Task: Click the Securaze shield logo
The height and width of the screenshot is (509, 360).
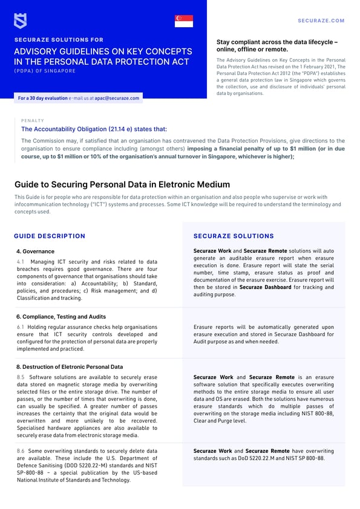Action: point(20,21)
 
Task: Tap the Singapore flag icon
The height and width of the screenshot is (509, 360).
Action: point(183,21)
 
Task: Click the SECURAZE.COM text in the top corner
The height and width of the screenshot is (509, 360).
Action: point(321,21)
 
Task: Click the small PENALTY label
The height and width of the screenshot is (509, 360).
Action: point(32,120)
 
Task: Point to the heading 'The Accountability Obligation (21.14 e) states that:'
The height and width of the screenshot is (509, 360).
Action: point(94,129)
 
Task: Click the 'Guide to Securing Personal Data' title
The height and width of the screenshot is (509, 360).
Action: point(122,184)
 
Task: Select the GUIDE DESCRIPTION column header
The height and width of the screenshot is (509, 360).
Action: point(49,236)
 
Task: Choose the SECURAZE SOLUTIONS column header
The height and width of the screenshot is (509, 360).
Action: point(234,236)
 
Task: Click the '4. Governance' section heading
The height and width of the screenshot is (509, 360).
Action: point(35,251)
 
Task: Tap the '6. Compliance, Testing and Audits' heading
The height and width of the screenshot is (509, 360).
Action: point(61,316)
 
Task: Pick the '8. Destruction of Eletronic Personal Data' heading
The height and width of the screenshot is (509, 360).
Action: point(70,366)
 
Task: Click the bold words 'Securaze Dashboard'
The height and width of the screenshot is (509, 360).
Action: point(266,287)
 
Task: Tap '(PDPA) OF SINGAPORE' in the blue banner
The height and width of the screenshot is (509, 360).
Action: point(45,71)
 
